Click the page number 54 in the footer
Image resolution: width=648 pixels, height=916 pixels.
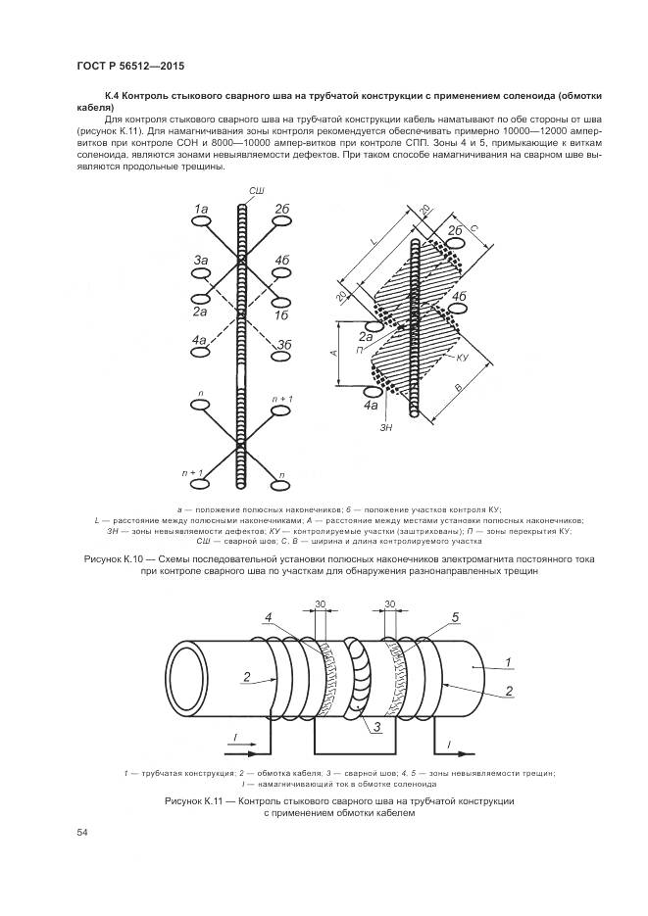[x=81, y=832]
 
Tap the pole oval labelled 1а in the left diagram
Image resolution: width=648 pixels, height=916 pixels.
[x=201, y=223]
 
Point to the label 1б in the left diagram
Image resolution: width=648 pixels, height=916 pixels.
[x=283, y=316]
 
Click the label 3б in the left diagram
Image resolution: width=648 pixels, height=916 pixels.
[x=284, y=345]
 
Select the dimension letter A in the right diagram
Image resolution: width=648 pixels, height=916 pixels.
[x=335, y=354]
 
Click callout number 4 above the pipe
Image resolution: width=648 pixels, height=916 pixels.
[x=269, y=616]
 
